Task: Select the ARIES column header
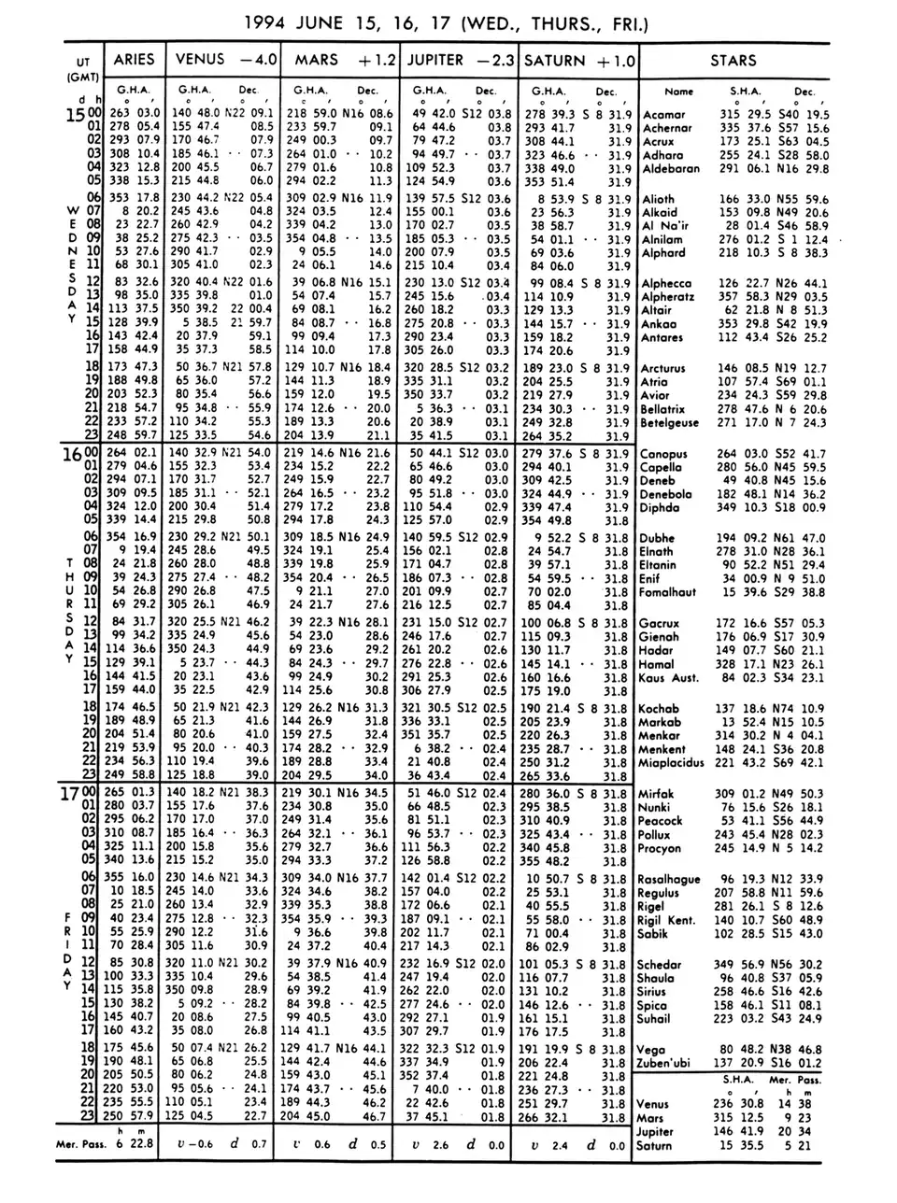pos(134,60)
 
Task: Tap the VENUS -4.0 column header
pos(225,60)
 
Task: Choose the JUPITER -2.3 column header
pos(463,60)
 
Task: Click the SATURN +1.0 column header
pos(579,60)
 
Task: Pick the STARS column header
pos(733,60)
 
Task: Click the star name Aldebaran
pos(671,169)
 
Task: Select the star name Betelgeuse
pos(669,423)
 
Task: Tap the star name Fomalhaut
pos(667,592)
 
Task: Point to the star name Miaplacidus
pos(671,762)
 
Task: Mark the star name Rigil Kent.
pos(666,920)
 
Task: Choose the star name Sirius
pos(655,992)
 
